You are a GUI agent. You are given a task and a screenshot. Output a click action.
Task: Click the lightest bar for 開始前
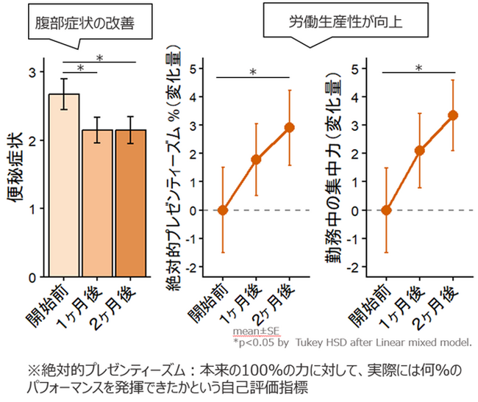pyautogui.click(x=64, y=185)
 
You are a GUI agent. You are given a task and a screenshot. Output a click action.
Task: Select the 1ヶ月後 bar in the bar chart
pyautogui.click(x=97, y=203)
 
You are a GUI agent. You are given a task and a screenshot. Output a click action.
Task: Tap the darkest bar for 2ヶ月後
pyautogui.click(x=130, y=203)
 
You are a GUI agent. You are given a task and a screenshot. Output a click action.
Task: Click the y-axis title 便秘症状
pyautogui.click(x=15, y=167)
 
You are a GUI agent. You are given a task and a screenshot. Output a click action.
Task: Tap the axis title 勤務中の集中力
pyautogui.click(x=333, y=168)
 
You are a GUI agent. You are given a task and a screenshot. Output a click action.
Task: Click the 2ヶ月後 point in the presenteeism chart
pyautogui.click(x=289, y=128)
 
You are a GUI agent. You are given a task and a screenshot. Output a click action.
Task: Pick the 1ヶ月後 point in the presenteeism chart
pyautogui.click(x=256, y=159)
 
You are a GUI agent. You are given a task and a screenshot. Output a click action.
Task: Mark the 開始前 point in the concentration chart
pyautogui.click(x=386, y=210)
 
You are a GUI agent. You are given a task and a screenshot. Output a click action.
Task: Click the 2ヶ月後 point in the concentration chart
pyautogui.click(x=453, y=115)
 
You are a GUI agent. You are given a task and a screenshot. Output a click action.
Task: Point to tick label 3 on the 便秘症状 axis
pyautogui.click(x=32, y=73)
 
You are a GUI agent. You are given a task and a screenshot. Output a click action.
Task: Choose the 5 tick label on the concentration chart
pyautogui.click(x=354, y=69)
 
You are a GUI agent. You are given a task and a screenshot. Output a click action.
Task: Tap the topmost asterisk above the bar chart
pyautogui.click(x=100, y=58)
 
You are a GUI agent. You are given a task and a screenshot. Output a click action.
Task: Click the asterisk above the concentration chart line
pyautogui.click(x=419, y=68)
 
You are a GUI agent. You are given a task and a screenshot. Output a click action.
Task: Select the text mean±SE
pyautogui.click(x=256, y=331)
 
